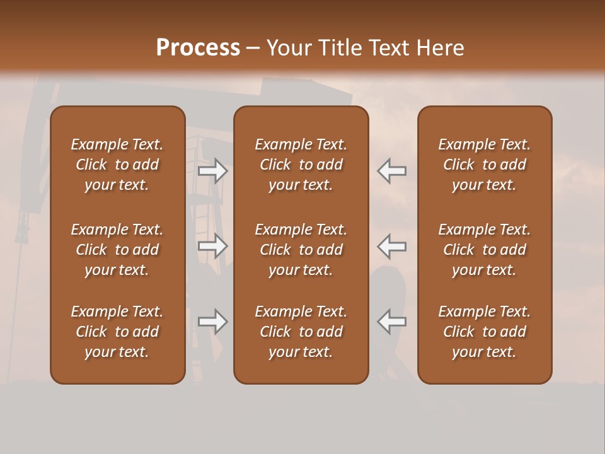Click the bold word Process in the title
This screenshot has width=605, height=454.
tap(198, 48)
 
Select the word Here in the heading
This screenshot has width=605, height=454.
tap(439, 48)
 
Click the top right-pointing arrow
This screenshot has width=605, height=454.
tap(212, 171)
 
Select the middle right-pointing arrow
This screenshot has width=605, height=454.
tap(212, 246)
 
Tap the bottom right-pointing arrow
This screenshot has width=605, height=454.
tap(212, 322)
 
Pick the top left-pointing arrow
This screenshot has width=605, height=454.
tap(392, 171)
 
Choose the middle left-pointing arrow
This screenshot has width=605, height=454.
tap(392, 246)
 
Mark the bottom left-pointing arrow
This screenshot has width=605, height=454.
tap(392, 322)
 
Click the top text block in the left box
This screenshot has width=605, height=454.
tap(117, 165)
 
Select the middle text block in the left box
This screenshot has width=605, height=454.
tap(117, 250)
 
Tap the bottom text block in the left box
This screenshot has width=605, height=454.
tap(117, 332)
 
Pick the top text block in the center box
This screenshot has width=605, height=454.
tap(301, 165)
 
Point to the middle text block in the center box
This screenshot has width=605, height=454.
tap(301, 250)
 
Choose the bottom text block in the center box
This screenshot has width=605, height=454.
tap(301, 332)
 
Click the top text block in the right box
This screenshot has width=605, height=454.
tap(484, 165)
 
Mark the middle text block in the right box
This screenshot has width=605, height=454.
tap(484, 250)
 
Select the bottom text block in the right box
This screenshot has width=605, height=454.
tap(484, 332)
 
